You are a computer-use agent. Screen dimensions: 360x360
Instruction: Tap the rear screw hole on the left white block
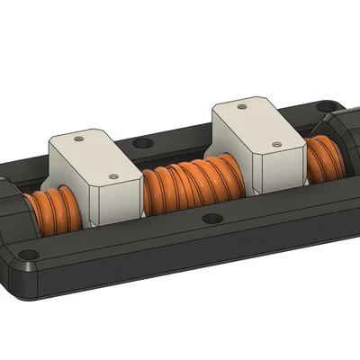coord(79,140)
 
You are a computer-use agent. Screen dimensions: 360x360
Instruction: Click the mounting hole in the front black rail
coord(211,219)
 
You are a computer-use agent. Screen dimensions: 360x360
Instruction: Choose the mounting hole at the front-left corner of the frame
coord(30,255)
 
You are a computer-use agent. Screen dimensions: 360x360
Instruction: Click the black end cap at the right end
coord(346,144)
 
